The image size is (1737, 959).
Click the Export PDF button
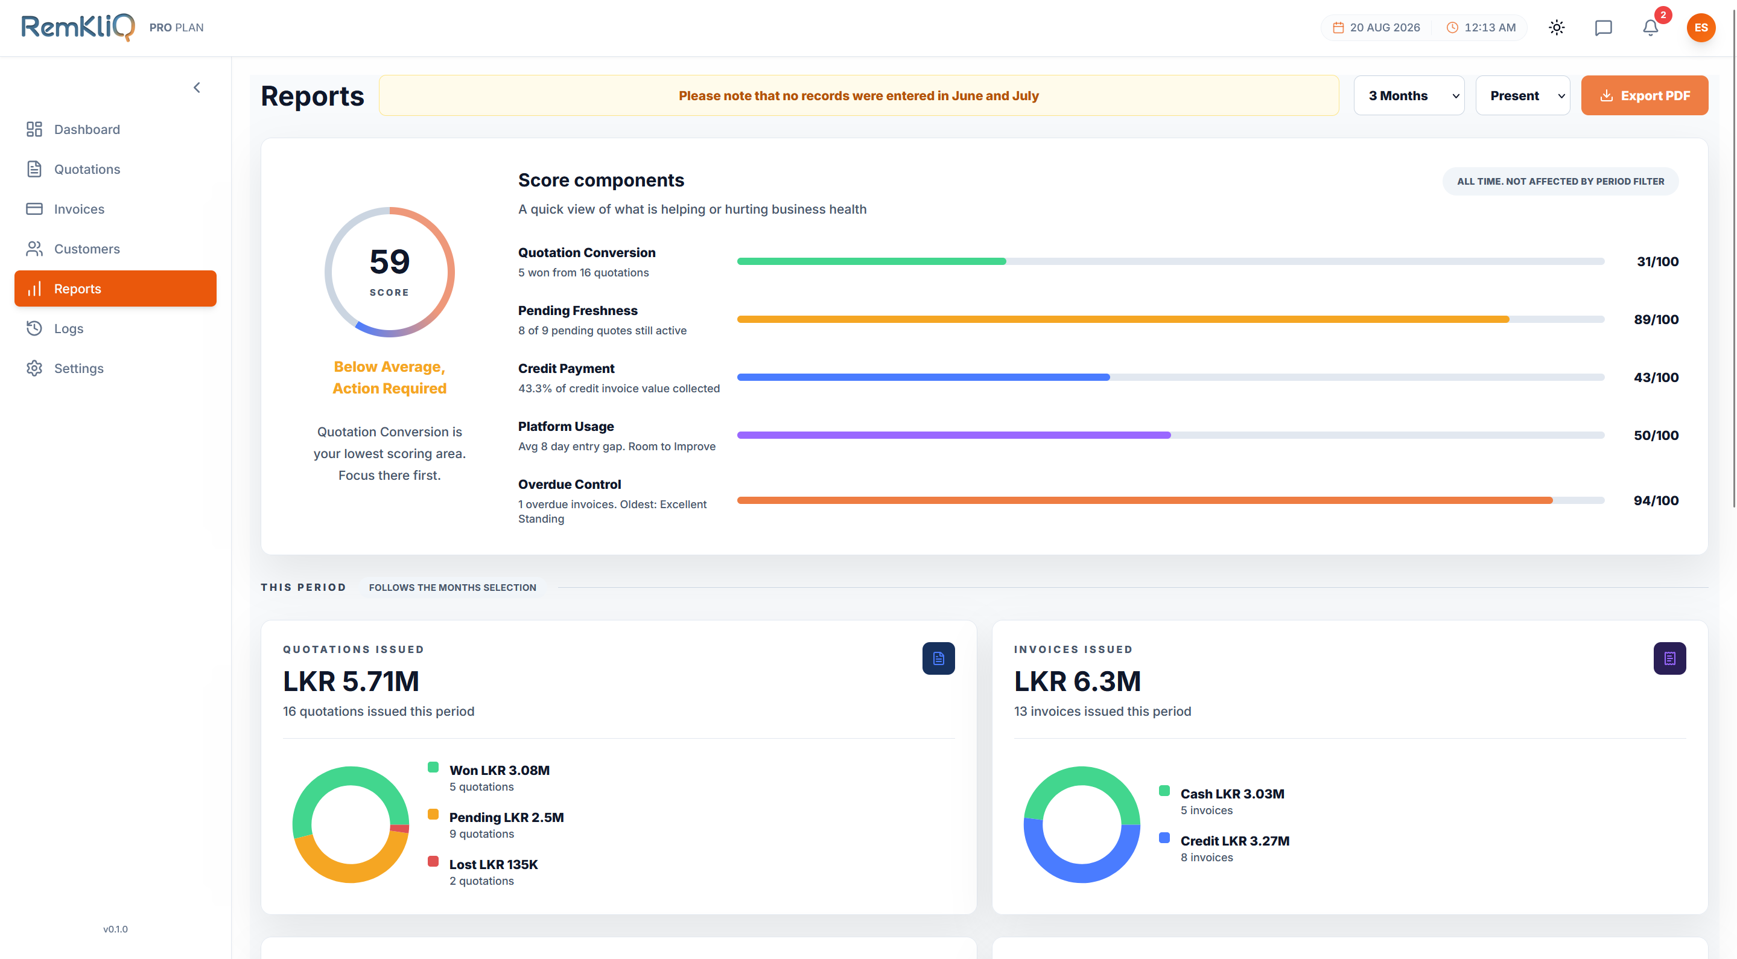click(x=1644, y=95)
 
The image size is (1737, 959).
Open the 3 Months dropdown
click(x=1409, y=95)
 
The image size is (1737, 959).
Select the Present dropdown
click(x=1523, y=95)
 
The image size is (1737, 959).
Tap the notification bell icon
click(x=1650, y=28)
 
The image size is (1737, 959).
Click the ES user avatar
click(x=1701, y=28)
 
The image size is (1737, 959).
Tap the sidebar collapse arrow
click(x=197, y=88)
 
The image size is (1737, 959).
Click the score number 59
click(x=390, y=262)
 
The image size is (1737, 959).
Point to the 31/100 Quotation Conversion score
click(x=1657, y=262)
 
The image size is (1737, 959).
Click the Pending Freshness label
click(x=577, y=310)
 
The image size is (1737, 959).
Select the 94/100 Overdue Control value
click(x=1656, y=500)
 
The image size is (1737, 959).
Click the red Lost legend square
click(x=433, y=861)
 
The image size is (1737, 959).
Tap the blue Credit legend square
click(x=1164, y=838)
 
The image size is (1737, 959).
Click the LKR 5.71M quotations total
click(x=351, y=681)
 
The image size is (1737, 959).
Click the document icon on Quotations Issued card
click(x=938, y=658)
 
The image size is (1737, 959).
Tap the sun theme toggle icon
click(x=1556, y=28)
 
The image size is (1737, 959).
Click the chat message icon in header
click(x=1603, y=28)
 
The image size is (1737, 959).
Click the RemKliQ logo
click(x=78, y=27)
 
